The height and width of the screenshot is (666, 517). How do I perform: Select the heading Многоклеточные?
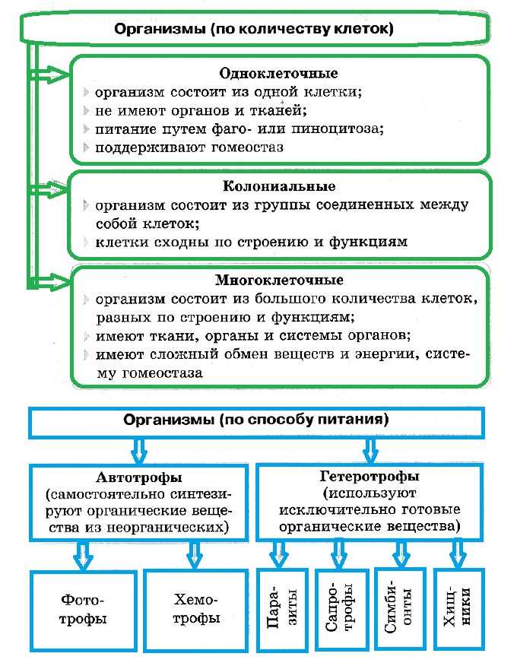tap(279, 281)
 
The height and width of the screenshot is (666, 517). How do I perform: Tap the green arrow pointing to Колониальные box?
tap(52, 186)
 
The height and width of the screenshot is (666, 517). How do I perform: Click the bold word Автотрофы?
tap(139, 478)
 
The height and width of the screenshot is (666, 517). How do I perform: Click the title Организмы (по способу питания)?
tap(256, 419)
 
